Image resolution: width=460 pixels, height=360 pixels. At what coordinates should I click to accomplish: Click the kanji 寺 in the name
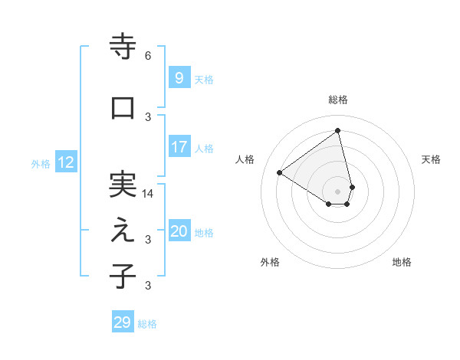123,47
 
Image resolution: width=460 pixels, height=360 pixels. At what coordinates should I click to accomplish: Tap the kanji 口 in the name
123,108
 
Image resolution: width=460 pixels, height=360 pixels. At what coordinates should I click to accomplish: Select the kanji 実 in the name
123,185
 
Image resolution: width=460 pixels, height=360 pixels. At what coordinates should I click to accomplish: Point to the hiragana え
123,231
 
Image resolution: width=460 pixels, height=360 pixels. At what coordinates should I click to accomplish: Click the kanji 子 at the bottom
123,277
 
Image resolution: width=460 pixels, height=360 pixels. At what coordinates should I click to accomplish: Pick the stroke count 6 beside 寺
148,56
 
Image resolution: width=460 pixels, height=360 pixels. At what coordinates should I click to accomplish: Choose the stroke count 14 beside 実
148,194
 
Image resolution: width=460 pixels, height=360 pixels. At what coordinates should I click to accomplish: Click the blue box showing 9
179,78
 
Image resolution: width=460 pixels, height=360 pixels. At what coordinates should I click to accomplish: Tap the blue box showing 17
179,147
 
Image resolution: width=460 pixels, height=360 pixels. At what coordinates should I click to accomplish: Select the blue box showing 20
179,231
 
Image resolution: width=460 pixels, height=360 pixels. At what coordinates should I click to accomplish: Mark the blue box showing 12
66,162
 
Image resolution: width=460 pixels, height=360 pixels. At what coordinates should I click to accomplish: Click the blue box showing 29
123,322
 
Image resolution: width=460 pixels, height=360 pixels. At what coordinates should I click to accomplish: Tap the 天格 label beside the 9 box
204,79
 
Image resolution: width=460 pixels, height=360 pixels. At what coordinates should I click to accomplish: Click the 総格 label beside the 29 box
147,324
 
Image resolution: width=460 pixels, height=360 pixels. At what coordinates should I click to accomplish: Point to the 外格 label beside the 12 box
41,163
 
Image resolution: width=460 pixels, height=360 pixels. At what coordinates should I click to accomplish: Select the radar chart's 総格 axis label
338,100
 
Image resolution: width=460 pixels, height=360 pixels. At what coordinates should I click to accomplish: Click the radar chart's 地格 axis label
402,262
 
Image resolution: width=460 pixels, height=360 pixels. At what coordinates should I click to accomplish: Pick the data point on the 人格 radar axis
279,172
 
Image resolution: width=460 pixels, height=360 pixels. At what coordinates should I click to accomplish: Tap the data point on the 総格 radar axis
337,130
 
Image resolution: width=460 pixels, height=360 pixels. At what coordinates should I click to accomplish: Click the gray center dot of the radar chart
337,191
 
